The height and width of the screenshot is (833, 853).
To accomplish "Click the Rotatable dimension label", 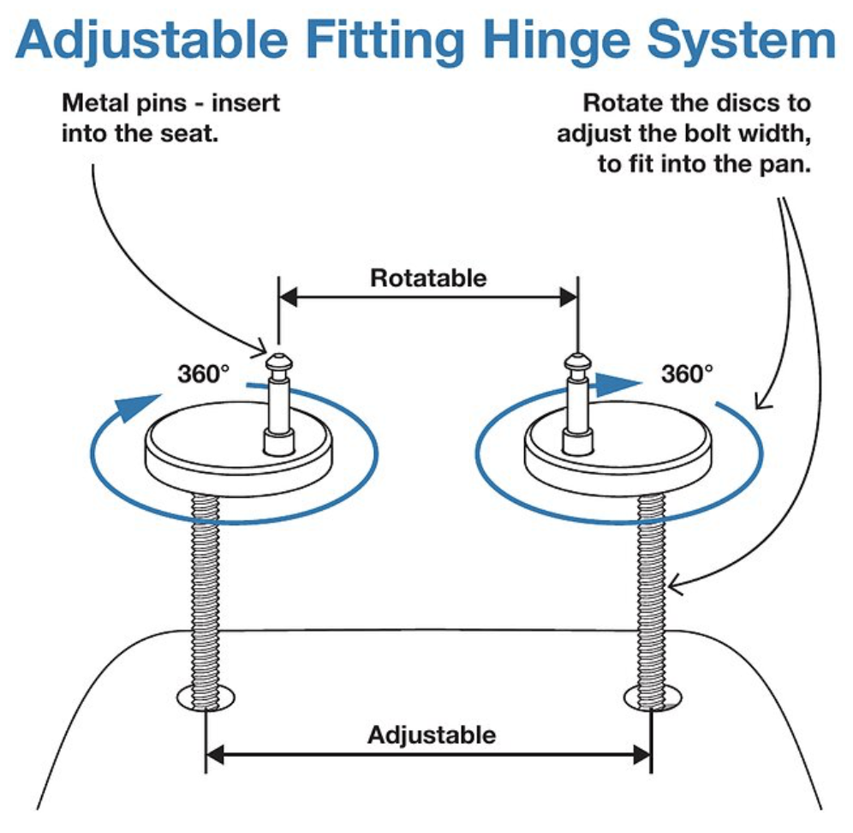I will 428,278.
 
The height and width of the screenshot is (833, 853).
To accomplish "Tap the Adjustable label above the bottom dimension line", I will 432,734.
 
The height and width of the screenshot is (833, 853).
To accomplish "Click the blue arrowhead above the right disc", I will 618,384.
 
